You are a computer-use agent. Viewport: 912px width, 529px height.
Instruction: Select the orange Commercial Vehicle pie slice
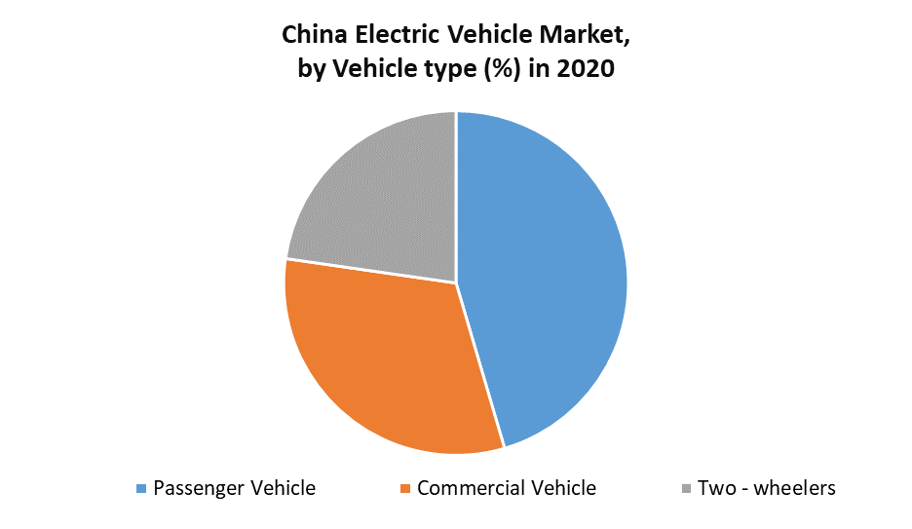(x=390, y=360)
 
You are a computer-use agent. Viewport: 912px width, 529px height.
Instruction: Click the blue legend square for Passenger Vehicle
(x=142, y=488)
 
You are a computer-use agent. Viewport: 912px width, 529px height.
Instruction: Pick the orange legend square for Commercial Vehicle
(x=406, y=488)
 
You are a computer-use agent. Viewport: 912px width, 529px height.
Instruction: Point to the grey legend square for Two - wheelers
(x=687, y=488)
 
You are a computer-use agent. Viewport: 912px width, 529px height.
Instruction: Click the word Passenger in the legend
(x=199, y=488)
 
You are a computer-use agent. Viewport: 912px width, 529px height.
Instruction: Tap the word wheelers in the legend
(x=795, y=488)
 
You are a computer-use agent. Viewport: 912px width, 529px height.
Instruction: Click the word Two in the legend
(x=715, y=488)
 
